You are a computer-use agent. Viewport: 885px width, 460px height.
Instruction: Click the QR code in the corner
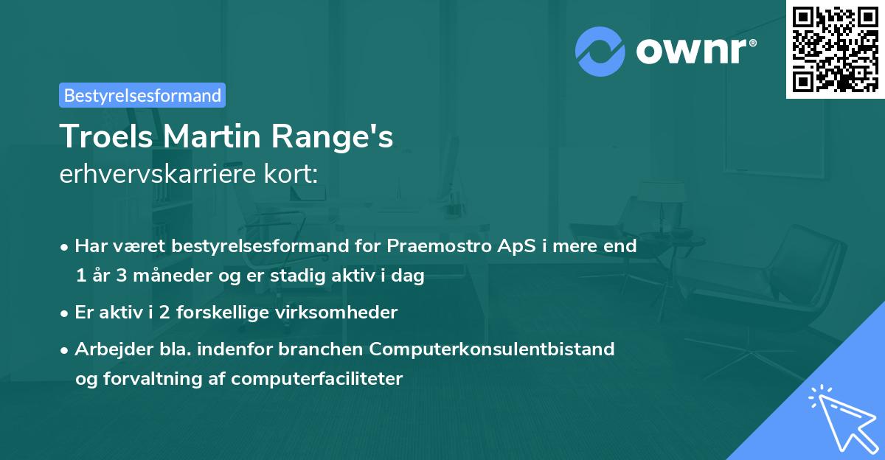pyautogui.click(x=835, y=49)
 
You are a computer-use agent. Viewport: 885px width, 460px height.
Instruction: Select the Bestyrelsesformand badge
pyautogui.click(x=142, y=95)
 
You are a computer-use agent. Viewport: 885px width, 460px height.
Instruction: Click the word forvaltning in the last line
pyautogui.click(x=155, y=379)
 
